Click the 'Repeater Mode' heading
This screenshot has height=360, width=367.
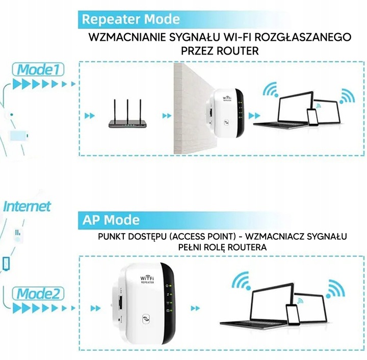click(130, 20)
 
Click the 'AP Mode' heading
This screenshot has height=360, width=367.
click(111, 220)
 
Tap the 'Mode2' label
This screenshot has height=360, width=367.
click(40, 294)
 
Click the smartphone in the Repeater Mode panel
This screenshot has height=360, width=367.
click(312, 118)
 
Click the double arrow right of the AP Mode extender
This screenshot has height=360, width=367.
click(195, 308)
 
